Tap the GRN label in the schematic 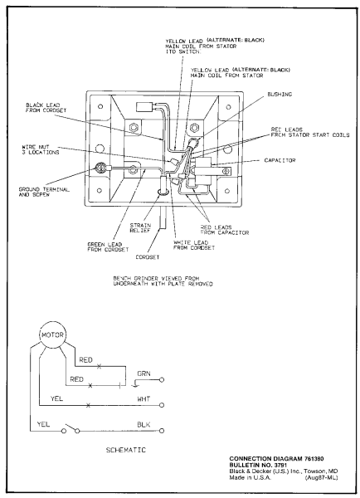pyautogui.click(x=144, y=373)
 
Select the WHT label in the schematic pyautogui.click(x=144, y=399)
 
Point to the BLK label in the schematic pyautogui.click(x=144, y=425)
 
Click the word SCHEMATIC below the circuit pyautogui.click(x=126, y=450)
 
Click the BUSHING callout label pyautogui.click(x=280, y=95)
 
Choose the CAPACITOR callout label pyautogui.click(x=280, y=160)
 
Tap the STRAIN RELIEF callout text pyautogui.click(x=140, y=227)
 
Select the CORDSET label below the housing pyautogui.click(x=148, y=257)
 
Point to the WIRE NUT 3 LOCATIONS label pyautogui.click(x=41, y=149)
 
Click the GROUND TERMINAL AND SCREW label pyautogui.click(x=44, y=192)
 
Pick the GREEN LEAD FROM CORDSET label pyautogui.click(x=108, y=247)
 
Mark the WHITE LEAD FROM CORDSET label pyautogui.click(x=194, y=245)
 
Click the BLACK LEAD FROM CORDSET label pyautogui.click(x=46, y=108)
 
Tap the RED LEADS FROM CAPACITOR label pyautogui.click(x=225, y=230)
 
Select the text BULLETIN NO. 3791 pyautogui.click(x=254, y=466)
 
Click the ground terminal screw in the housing pyautogui.click(x=102, y=167)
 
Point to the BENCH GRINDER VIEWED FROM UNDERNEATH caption pyautogui.click(x=163, y=281)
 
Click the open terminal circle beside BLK pyautogui.click(x=162, y=431)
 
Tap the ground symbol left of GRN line pyautogui.click(x=135, y=384)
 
